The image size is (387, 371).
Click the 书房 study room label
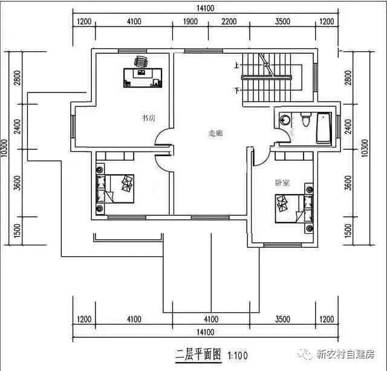(x=148, y=118)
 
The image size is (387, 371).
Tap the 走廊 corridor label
(x=216, y=133)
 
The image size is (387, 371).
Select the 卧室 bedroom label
(x=282, y=182)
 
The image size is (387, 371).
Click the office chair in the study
(x=141, y=61)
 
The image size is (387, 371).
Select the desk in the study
(x=143, y=77)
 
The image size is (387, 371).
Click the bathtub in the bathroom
(x=324, y=127)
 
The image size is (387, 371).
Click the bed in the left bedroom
(x=116, y=187)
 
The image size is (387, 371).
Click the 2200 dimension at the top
(x=229, y=22)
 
